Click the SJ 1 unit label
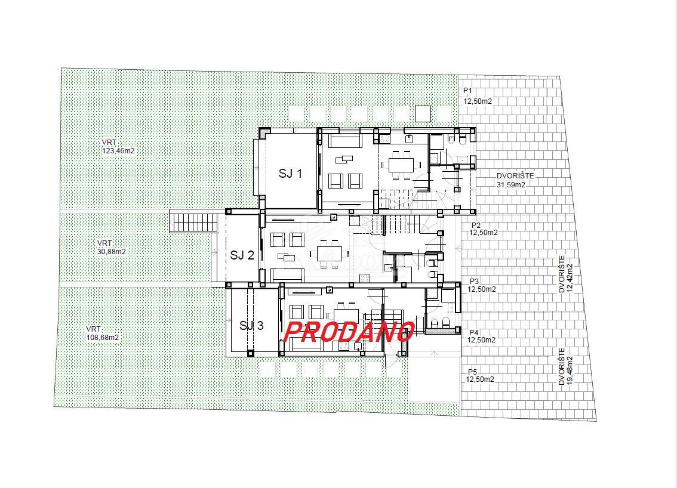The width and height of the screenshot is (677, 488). [x=291, y=174]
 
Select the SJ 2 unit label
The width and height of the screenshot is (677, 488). [x=242, y=255]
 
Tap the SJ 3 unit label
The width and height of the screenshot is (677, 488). [x=251, y=325]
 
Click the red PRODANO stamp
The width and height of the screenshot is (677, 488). [x=349, y=332]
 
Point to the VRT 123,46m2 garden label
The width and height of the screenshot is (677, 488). [x=118, y=147]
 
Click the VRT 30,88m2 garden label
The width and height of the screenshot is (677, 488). [x=112, y=248]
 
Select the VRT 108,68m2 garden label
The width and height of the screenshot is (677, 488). [x=102, y=333]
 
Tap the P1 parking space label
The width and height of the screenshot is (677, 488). [x=478, y=96]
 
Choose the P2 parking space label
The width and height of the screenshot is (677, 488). [x=484, y=229]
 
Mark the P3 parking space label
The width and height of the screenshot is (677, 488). [x=481, y=285]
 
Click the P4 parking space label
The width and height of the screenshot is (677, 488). [x=481, y=336]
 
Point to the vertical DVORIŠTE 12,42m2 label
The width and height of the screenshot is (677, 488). [x=565, y=274]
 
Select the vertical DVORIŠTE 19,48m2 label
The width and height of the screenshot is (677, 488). [x=565, y=367]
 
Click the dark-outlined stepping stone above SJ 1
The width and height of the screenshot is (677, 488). [x=423, y=113]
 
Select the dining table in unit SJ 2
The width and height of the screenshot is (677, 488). [x=329, y=253]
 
